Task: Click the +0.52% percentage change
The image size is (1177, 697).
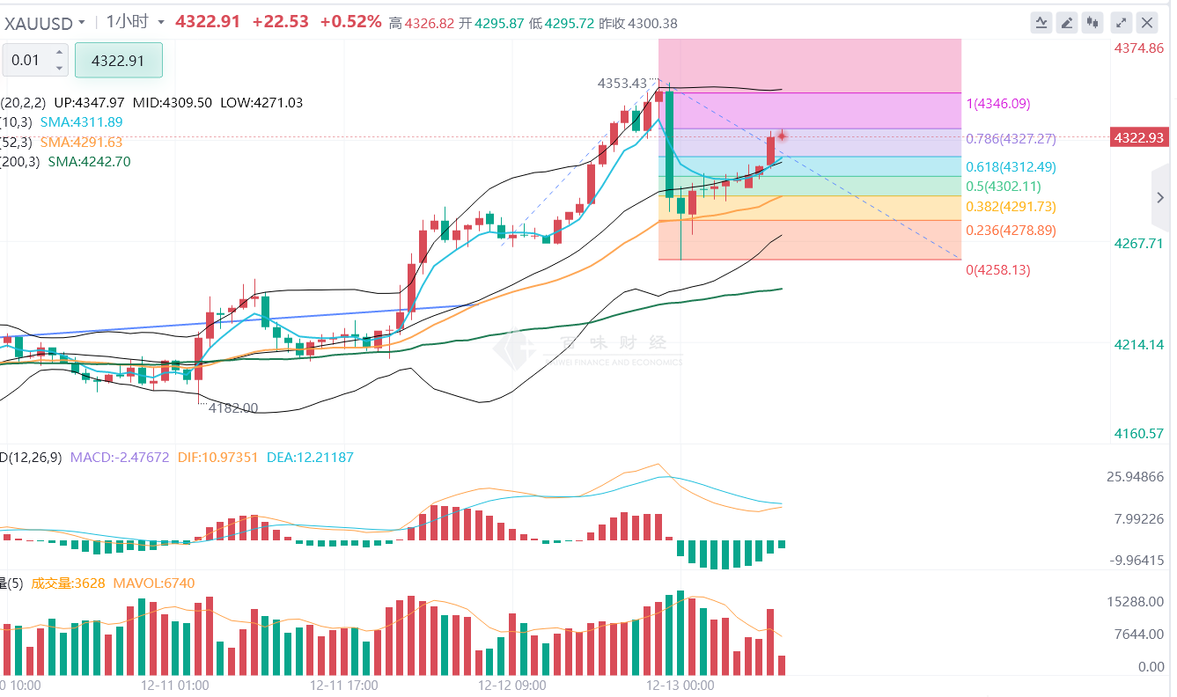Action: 350,22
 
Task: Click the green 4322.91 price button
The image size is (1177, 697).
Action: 118,60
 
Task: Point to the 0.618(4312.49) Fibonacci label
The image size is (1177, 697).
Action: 1011,167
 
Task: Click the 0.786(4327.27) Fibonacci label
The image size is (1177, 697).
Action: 1011,139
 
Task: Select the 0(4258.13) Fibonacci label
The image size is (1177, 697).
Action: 997,270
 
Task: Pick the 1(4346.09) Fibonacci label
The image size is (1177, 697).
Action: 997,104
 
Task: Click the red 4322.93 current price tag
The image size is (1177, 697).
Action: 1138,138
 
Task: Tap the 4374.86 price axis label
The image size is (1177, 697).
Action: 1138,48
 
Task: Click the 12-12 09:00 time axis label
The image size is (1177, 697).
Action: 511,685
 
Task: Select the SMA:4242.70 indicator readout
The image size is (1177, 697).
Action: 89,162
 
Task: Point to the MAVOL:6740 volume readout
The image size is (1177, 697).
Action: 154,583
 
